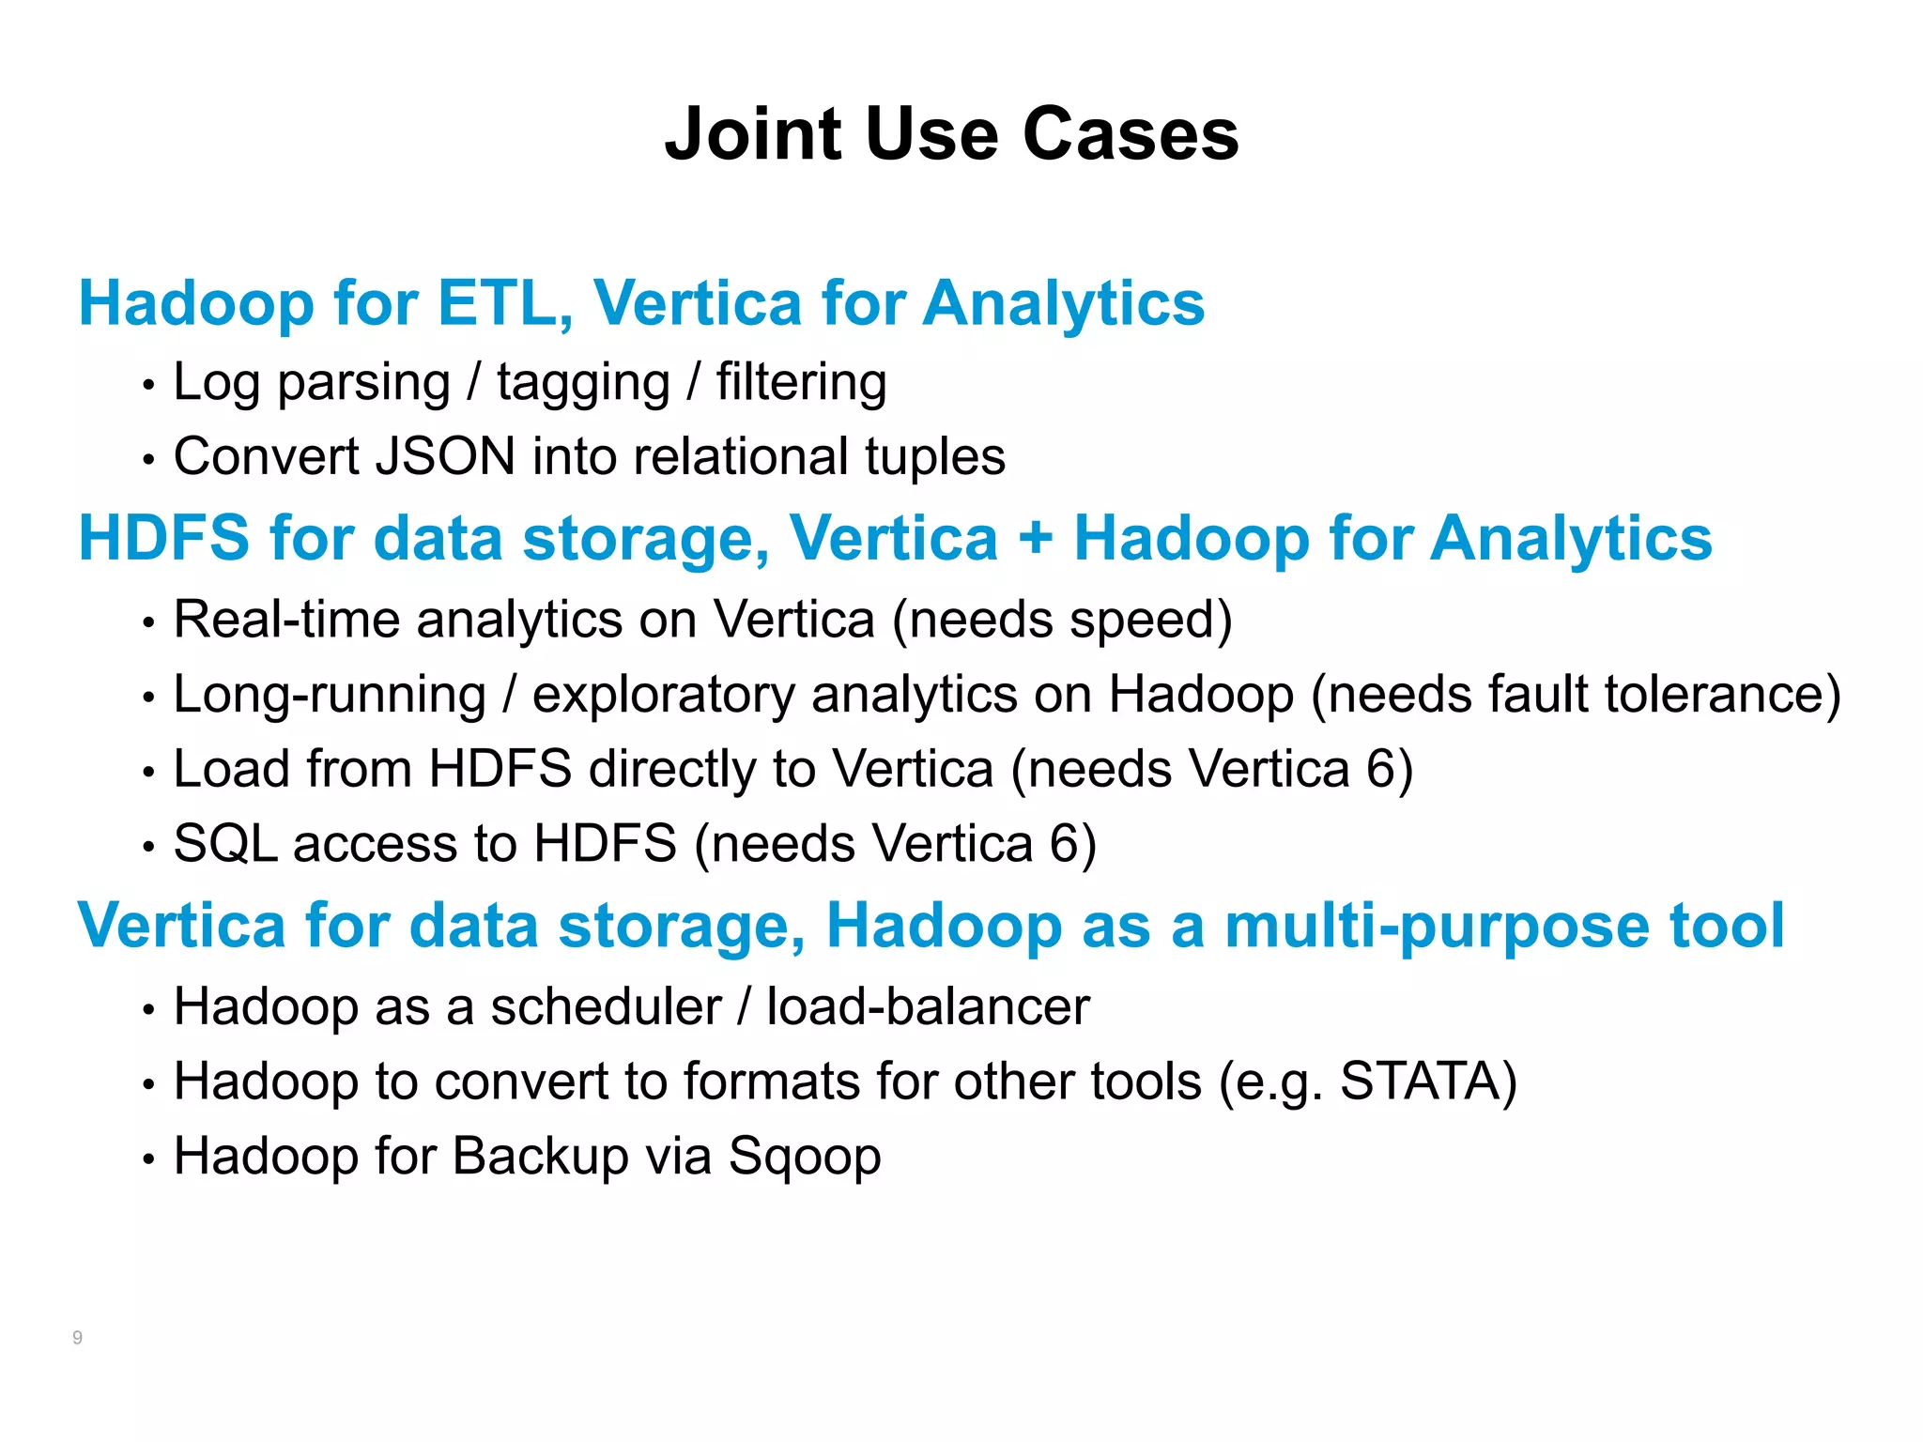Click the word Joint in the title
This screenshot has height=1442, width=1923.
click(x=752, y=134)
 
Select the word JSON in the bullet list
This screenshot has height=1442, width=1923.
click(x=444, y=457)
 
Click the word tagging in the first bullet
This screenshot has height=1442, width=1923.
click(x=583, y=384)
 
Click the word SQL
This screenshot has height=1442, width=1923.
click(x=225, y=843)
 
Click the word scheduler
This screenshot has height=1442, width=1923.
click(x=606, y=1007)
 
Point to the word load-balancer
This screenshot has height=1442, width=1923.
click(x=928, y=1007)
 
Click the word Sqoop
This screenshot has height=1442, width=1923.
click(x=805, y=1158)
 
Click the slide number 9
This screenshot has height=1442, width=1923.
click(x=77, y=1338)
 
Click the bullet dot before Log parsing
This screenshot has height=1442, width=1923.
click(x=147, y=386)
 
